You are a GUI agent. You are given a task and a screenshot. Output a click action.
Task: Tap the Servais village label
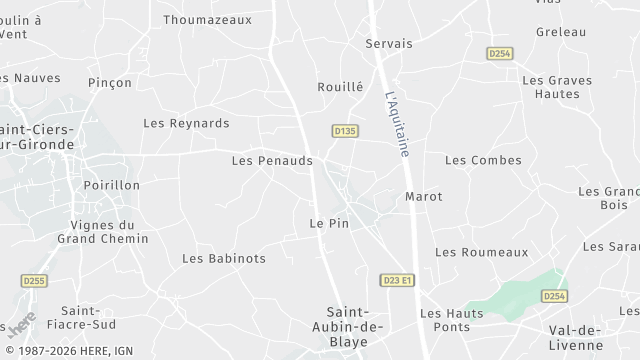click(x=389, y=44)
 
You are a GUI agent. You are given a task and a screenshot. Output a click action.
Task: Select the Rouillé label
click(x=340, y=87)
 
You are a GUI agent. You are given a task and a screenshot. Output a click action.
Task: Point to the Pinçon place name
click(x=110, y=82)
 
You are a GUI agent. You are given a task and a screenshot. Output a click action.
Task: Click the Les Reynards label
click(x=186, y=123)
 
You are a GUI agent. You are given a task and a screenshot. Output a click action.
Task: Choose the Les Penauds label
click(x=272, y=160)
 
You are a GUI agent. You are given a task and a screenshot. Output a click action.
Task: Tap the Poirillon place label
click(x=112, y=185)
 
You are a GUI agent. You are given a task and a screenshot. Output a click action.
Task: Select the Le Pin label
click(x=329, y=223)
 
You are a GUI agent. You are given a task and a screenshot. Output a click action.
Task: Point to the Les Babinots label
click(x=224, y=258)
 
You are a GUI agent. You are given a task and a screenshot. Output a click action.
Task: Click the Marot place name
click(x=423, y=196)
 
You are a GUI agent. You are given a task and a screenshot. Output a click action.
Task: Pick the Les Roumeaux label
click(x=481, y=253)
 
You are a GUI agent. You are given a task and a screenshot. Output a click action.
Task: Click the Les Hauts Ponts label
click(x=451, y=320)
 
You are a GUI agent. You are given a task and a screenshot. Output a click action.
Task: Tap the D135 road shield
click(x=345, y=130)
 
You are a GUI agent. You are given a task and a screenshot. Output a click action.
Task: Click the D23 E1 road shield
click(x=397, y=280)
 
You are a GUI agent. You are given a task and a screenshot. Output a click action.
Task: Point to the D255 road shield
click(x=34, y=281)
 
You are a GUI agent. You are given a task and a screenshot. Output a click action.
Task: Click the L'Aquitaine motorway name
click(x=397, y=125)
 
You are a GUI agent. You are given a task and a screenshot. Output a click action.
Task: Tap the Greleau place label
click(x=560, y=32)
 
